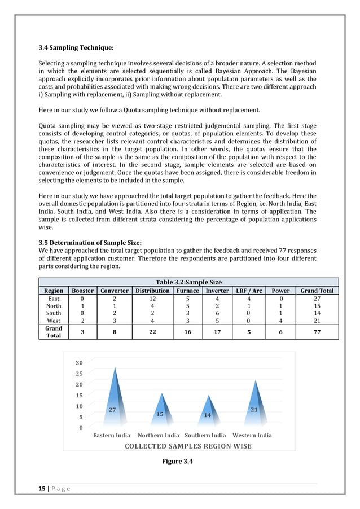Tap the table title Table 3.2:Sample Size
pyautogui.click(x=188, y=282)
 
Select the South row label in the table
pyautogui.click(x=54, y=313)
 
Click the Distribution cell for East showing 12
pyautogui.click(x=152, y=298)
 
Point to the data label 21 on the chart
pyautogui.click(x=254, y=410)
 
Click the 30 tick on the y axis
pyautogui.click(x=79, y=363)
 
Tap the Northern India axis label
pyautogui.click(x=159, y=435)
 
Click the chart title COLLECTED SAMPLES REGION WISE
pyautogui.click(x=188, y=446)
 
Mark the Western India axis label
pyautogui.click(x=252, y=435)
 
